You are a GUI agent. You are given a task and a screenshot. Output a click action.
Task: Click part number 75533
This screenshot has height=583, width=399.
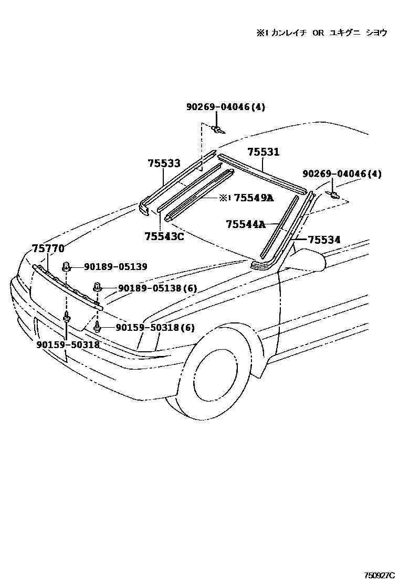(x=164, y=164)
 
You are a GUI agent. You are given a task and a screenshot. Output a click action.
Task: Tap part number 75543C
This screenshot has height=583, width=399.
(x=164, y=236)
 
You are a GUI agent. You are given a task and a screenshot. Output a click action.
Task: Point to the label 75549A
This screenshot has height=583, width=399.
(x=254, y=198)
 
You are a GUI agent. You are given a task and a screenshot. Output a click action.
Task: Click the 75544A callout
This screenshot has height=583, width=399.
(x=245, y=224)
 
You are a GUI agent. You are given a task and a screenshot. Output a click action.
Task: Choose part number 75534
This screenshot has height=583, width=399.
(x=324, y=240)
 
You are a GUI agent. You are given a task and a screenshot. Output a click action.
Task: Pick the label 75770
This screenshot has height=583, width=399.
(x=48, y=249)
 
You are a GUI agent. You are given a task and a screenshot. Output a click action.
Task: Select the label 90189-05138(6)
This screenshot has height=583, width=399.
(x=157, y=288)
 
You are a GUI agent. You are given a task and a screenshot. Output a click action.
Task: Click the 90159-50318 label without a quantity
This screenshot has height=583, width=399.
(x=68, y=345)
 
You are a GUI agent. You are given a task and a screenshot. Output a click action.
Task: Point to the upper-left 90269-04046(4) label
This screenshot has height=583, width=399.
(x=226, y=107)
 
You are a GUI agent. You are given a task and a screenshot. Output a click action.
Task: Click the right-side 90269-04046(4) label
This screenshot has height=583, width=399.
(x=342, y=174)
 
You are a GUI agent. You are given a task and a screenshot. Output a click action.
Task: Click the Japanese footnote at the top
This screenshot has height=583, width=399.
(x=321, y=33)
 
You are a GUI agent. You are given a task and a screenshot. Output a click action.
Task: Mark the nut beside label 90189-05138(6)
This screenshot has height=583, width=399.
(x=98, y=287)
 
